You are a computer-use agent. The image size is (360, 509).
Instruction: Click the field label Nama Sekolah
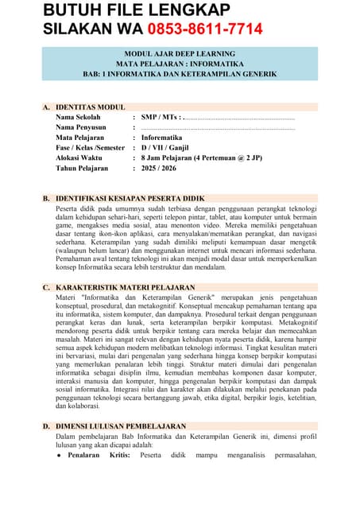79,117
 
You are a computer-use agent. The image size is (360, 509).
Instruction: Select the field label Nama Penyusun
82,127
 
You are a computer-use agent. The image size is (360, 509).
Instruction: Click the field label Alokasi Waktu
79,158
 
